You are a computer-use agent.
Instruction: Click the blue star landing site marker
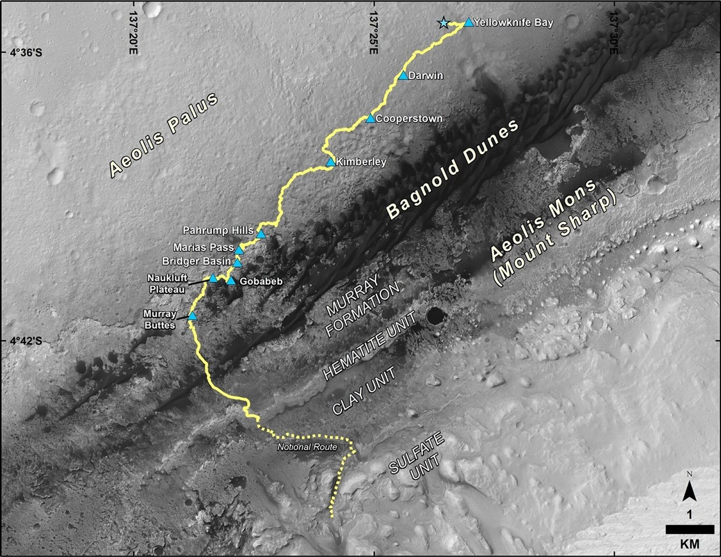tap(444, 23)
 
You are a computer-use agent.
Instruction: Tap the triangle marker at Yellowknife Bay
tap(469, 22)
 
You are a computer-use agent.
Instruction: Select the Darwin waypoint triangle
tap(403, 75)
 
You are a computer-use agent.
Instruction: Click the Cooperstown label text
tap(409, 119)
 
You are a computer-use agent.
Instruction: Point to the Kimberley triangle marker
tap(331, 161)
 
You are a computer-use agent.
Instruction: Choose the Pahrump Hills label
tap(218, 230)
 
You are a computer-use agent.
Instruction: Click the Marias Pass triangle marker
tap(239, 249)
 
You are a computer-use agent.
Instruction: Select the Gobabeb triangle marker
tap(231, 281)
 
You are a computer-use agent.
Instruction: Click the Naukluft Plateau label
tap(167, 284)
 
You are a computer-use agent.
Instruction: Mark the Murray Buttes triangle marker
tap(192, 316)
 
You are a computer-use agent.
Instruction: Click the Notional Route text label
tap(307, 447)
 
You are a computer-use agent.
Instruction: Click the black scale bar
tap(689, 529)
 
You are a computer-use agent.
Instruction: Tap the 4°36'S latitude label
tap(26, 53)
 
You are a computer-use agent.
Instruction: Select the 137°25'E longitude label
tap(373, 32)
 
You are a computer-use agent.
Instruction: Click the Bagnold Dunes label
tap(453, 169)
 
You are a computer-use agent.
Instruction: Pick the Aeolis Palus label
tap(164, 135)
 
